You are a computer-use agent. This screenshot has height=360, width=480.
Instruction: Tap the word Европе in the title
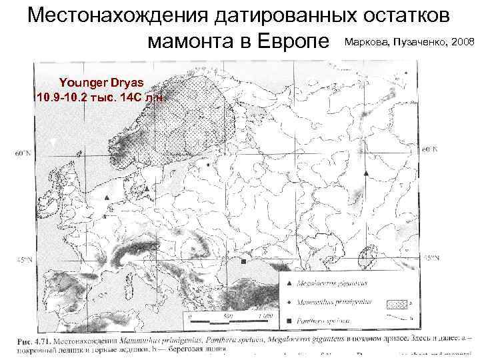[293, 43]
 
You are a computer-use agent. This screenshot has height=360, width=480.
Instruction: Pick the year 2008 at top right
[463, 43]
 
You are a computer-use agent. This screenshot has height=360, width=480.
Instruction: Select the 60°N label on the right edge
[430, 149]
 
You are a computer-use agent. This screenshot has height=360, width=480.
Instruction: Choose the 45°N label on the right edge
[431, 257]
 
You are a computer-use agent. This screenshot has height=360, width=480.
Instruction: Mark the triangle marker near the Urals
[366, 173]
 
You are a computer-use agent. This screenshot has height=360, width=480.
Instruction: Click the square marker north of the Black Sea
[243, 261]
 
